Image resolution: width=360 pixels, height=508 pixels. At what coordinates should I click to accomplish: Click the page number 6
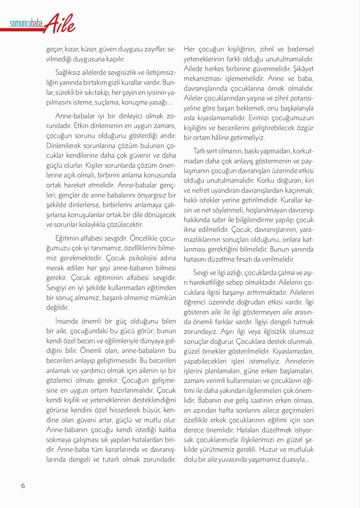(x=23, y=486)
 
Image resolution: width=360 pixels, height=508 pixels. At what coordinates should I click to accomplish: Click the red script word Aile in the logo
(x=60, y=23)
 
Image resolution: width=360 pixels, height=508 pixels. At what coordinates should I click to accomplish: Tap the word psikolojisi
(x=138, y=258)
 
